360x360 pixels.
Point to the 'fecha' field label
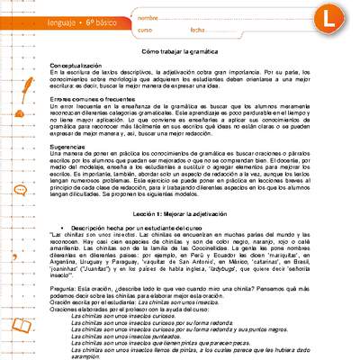tap(198, 30)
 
